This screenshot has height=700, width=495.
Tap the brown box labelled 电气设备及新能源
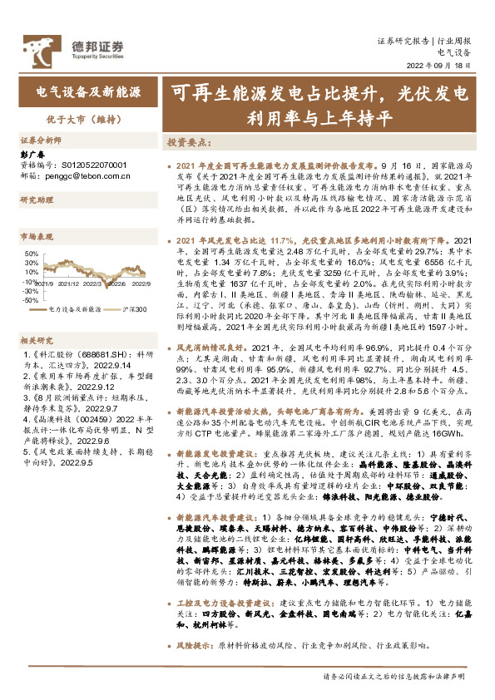(88, 89)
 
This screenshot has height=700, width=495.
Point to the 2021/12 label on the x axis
(80, 283)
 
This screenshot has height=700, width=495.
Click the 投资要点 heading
(184, 142)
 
